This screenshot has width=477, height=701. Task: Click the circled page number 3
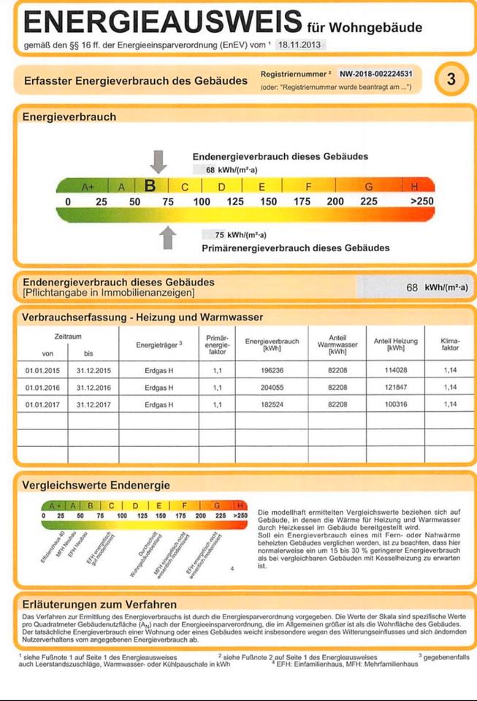click(x=451, y=79)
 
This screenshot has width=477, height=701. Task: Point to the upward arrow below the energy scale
click(x=168, y=238)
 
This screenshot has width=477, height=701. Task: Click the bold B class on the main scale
click(x=150, y=186)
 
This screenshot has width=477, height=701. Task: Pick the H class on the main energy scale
click(x=414, y=187)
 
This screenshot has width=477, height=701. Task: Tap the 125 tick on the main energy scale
click(x=234, y=202)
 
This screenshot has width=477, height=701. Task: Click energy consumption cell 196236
click(x=272, y=369)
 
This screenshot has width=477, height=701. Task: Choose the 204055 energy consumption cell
click(x=272, y=387)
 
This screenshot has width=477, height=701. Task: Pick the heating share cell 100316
click(x=395, y=404)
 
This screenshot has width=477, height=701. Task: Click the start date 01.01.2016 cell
click(x=42, y=387)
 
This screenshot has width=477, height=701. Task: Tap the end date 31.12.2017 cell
click(x=94, y=404)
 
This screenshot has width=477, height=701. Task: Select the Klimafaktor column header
click(x=450, y=344)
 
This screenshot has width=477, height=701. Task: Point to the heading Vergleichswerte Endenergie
click(x=96, y=485)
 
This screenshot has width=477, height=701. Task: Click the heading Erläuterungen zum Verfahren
click(x=99, y=604)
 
